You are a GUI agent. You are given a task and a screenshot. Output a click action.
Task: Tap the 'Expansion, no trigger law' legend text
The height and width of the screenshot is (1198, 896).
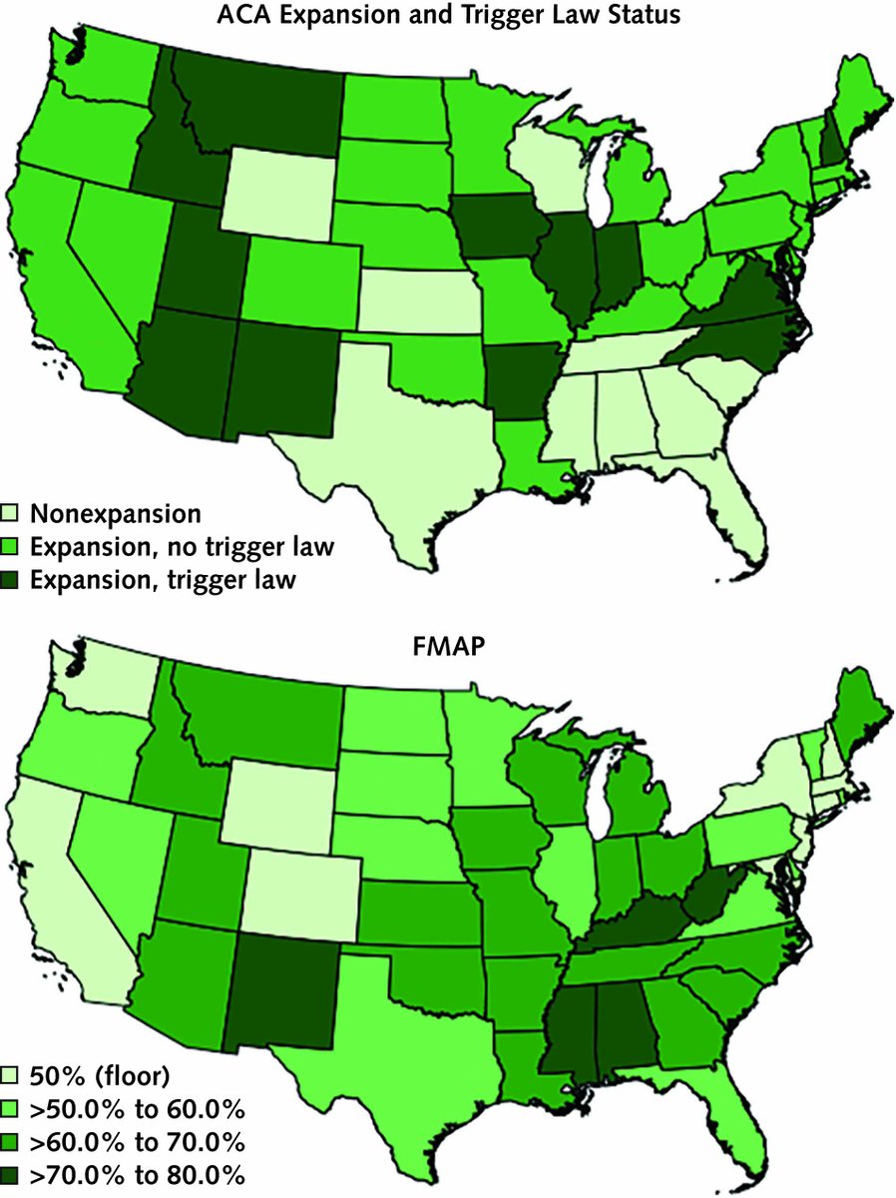(183, 546)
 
